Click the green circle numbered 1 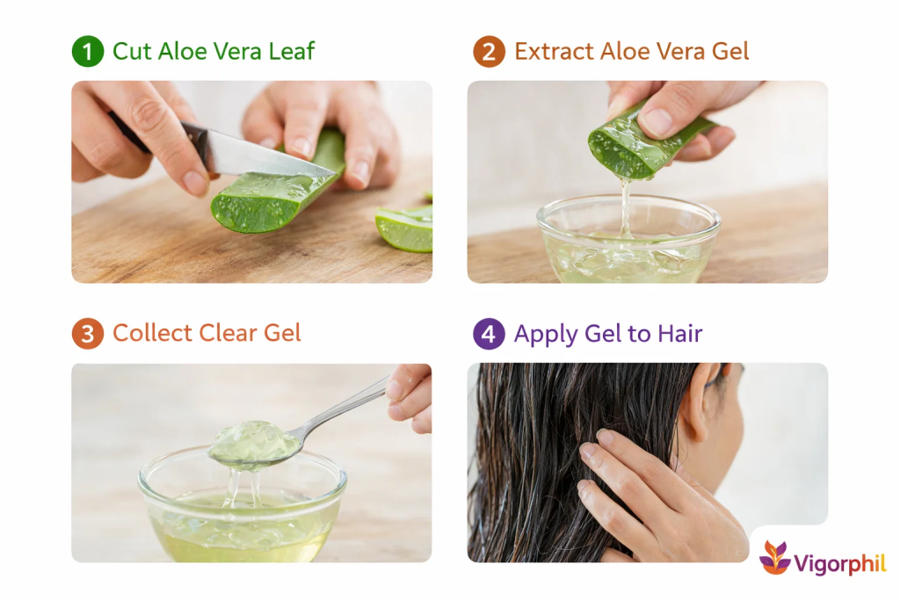(x=87, y=51)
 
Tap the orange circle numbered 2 (x=489, y=51)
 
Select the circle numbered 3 (x=87, y=333)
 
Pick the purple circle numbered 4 (x=489, y=333)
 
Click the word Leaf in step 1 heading (x=292, y=51)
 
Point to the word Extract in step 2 (x=554, y=51)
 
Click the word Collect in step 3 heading (x=152, y=333)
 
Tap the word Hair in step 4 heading (x=680, y=333)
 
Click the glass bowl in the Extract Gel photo (x=628, y=240)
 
